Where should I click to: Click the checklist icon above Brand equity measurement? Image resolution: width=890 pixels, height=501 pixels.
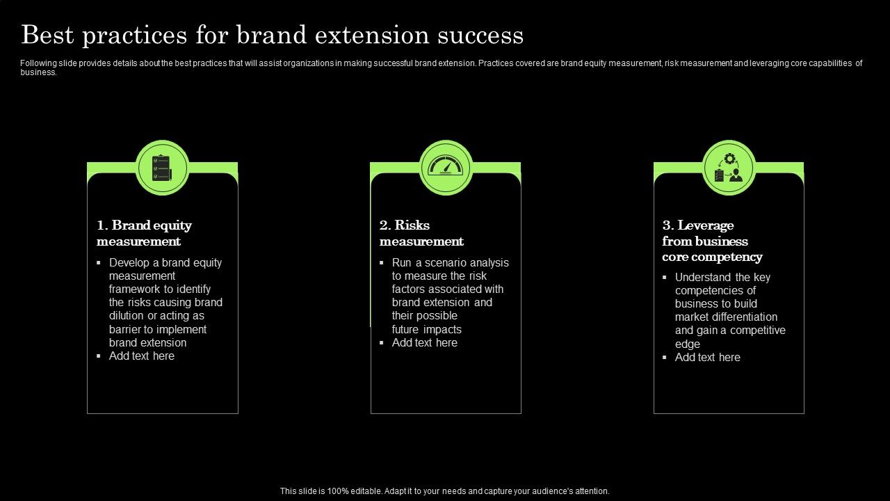click(163, 168)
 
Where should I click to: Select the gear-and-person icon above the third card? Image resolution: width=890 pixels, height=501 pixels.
click(729, 168)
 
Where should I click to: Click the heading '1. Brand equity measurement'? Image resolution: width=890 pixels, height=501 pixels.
click(144, 233)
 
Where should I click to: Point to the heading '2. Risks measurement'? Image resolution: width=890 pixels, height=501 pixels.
click(421, 233)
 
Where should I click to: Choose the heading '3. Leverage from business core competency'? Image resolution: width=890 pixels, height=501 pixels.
click(712, 241)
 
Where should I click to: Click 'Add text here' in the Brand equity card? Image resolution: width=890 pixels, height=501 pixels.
click(142, 356)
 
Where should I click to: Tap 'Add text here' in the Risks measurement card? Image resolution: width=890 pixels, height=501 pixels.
click(425, 343)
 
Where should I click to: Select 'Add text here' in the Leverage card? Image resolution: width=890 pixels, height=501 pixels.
click(708, 358)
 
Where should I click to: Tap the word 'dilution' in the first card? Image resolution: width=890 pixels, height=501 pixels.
click(126, 316)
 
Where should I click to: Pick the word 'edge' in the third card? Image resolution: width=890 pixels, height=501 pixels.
click(687, 344)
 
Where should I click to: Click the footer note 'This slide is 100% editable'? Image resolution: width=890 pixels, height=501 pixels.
click(444, 491)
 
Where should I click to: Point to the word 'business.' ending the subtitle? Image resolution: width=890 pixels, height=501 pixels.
click(38, 72)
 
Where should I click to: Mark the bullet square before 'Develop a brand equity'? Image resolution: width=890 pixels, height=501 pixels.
click(99, 263)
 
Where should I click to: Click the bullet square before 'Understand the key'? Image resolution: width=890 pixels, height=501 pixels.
click(665, 278)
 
